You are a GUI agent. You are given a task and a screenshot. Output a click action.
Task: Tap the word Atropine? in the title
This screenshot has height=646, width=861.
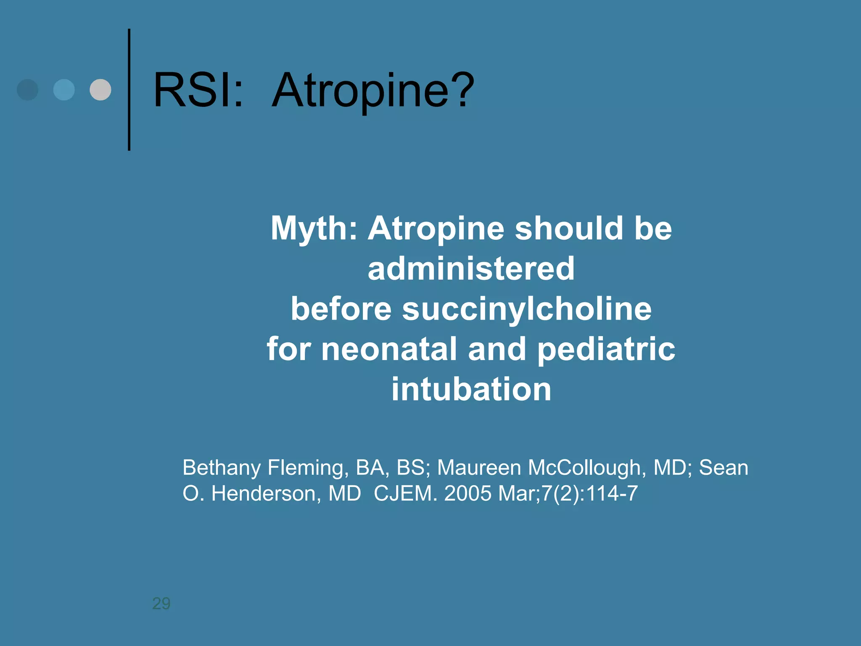pos(373,90)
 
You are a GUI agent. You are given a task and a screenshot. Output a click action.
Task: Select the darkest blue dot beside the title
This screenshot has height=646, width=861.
pos(27,90)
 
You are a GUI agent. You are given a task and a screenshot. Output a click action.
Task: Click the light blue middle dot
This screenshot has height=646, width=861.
pos(64,90)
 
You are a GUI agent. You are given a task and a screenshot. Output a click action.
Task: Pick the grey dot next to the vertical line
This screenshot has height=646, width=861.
pos(100,90)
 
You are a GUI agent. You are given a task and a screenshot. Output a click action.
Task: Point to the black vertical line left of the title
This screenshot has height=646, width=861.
pos(129,90)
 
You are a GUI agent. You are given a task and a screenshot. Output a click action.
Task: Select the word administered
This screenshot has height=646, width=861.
pos(471,269)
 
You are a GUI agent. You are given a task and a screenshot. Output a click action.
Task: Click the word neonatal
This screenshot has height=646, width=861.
pos(389,349)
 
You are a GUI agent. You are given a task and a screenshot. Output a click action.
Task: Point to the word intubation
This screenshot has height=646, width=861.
pos(471,389)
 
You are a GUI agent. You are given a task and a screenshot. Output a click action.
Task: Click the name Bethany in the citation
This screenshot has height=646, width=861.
pos(222,468)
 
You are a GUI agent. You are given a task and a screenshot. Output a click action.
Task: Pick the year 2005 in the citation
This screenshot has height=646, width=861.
pos(468,493)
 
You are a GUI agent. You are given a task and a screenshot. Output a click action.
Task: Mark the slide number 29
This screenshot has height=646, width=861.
pos(161,604)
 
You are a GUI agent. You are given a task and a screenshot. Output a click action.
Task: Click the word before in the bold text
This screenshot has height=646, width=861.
pos(341,309)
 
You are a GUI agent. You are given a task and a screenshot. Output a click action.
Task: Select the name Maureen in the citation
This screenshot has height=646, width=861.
pos(479,468)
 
